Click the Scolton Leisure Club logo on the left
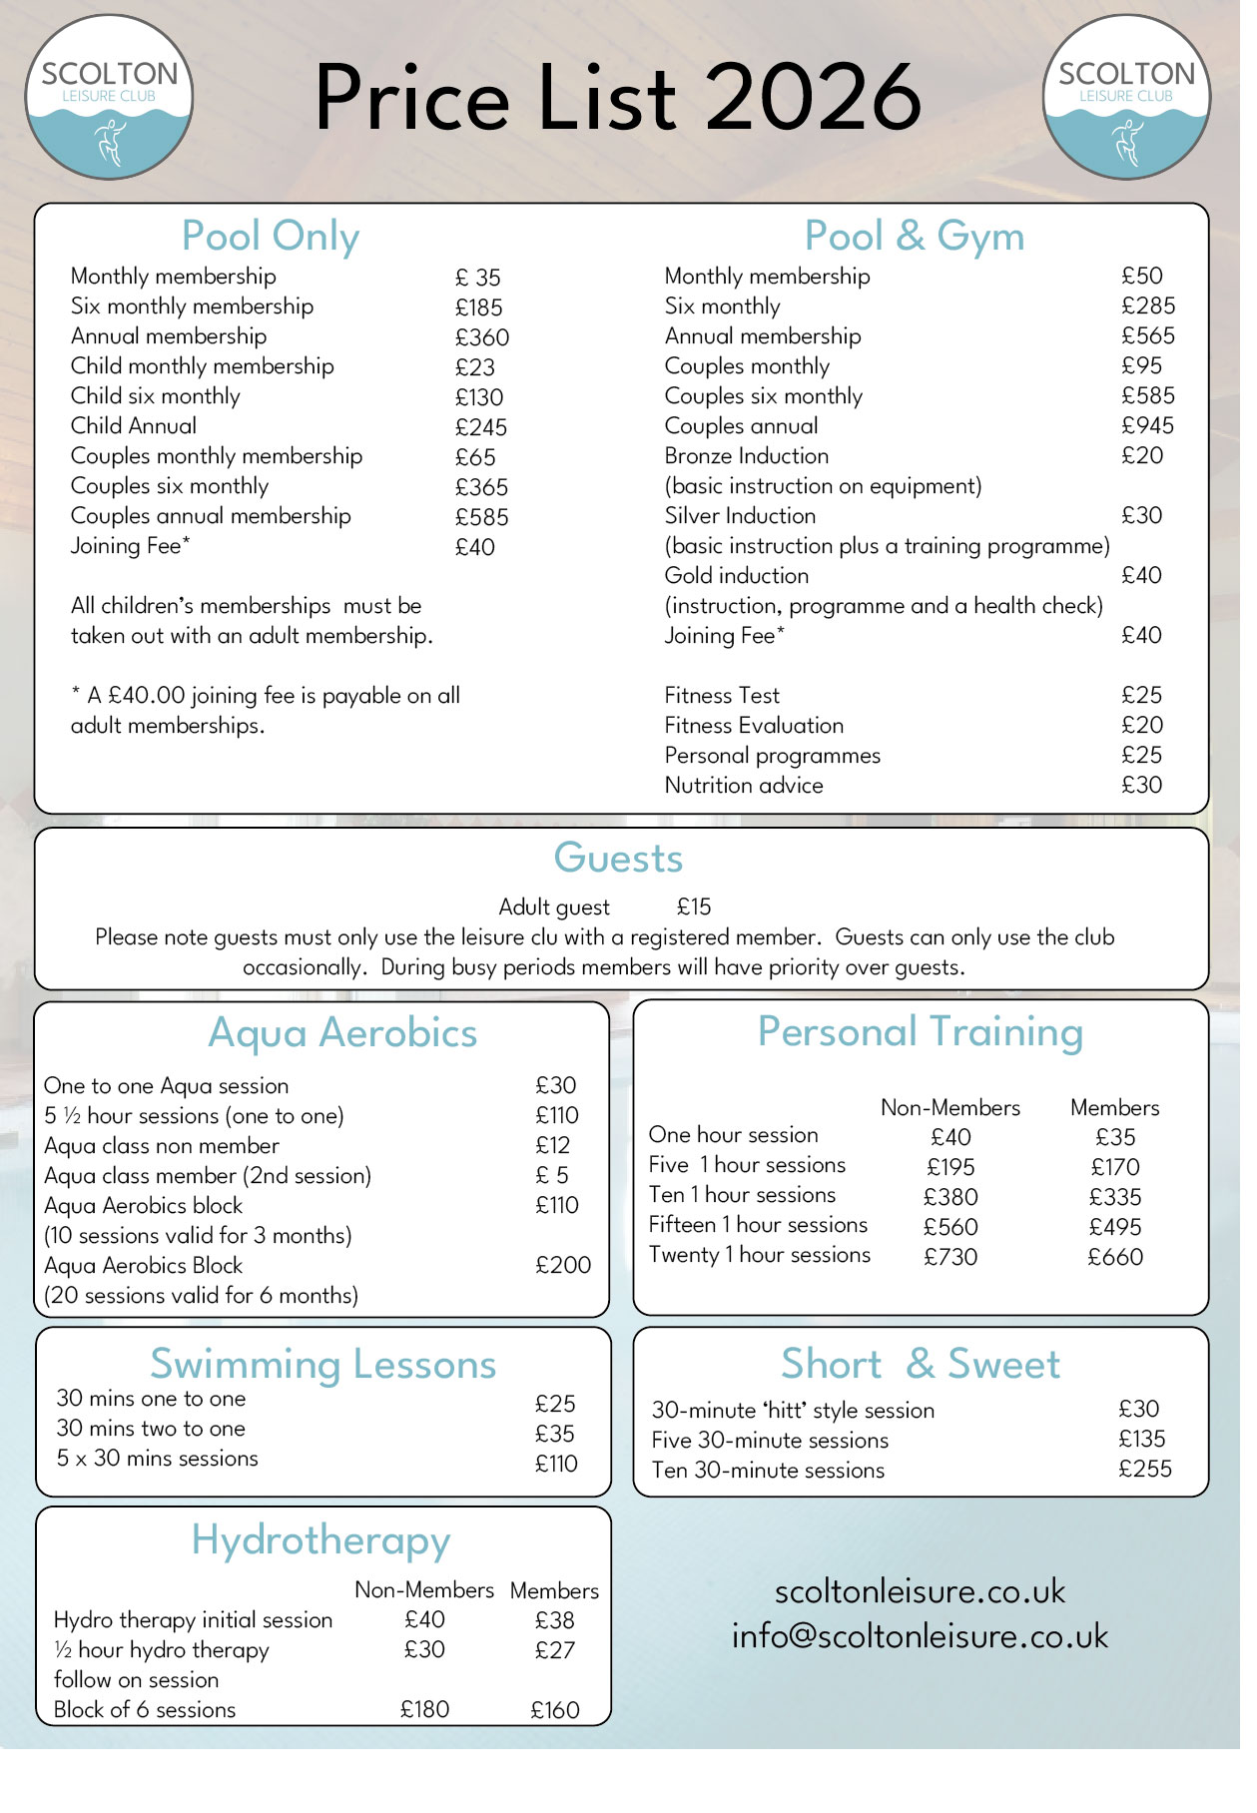tap(110, 98)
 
